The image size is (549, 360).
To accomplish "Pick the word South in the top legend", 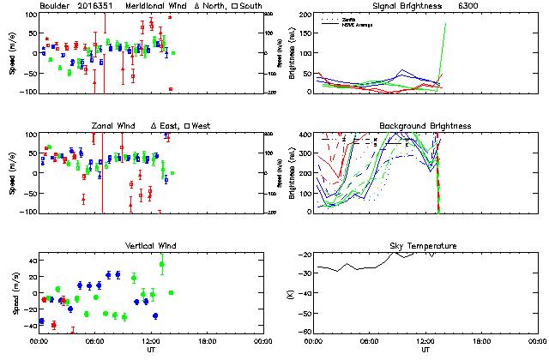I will coord(227,6).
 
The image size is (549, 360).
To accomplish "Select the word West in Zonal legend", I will coord(199,126).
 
